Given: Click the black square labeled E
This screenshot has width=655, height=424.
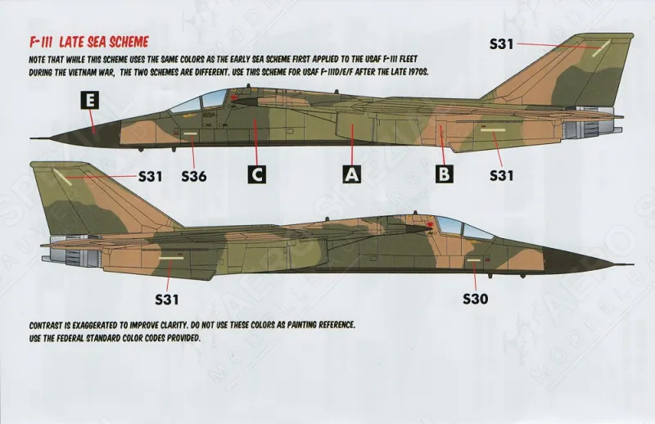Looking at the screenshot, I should pyautogui.click(x=91, y=101).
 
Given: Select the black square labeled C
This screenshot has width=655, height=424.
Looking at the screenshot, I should pyautogui.click(x=257, y=174).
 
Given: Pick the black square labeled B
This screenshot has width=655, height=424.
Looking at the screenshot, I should pyautogui.click(x=445, y=174).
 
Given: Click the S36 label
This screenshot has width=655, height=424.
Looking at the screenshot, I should pyautogui.click(x=194, y=175).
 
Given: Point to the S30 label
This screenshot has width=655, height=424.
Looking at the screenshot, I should pyautogui.click(x=475, y=299).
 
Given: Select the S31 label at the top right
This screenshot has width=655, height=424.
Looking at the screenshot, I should pyautogui.click(x=501, y=44).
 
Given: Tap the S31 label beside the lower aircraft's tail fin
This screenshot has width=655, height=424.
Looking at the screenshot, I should pyautogui.click(x=151, y=175).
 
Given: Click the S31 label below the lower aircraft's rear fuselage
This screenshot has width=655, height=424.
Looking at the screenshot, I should pyautogui.click(x=166, y=299).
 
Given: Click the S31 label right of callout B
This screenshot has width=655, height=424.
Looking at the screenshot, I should pyautogui.click(x=500, y=175).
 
